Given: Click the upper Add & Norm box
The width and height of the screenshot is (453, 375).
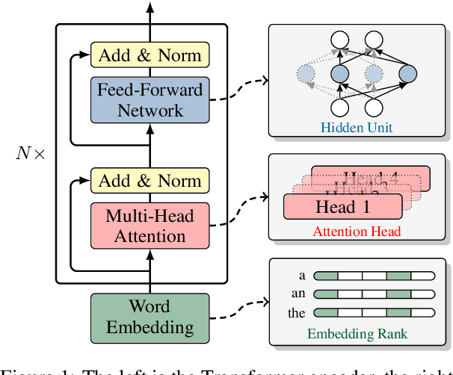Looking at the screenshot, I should (150, 55).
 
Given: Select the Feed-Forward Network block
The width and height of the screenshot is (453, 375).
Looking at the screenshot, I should (150, 99).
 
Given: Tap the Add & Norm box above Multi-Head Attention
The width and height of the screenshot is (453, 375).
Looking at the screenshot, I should (150, 180).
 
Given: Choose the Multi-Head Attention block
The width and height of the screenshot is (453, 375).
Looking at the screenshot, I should (150, 226).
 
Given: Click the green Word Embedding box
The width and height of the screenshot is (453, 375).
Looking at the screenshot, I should (150, 316).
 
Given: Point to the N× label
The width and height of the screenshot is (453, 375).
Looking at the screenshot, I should (31, 155).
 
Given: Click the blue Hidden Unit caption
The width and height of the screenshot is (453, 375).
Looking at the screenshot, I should (357, 128).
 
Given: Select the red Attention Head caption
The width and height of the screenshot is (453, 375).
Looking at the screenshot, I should (357, 232).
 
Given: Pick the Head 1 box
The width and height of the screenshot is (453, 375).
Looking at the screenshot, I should (342, 206).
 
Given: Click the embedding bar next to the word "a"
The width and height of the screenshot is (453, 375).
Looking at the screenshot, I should (373, 276).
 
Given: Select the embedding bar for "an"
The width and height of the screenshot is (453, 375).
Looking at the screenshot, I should (373, 294).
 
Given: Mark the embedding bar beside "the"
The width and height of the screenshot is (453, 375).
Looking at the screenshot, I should (373, 313).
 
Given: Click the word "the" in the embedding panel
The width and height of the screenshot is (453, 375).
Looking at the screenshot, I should (297, 314).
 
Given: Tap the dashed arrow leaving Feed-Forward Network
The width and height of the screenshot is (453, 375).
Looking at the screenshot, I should (239, 88).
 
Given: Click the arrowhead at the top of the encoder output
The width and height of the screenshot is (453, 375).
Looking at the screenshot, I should (150, 7).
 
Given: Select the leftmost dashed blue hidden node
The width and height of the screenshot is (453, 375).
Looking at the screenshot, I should (306, 74).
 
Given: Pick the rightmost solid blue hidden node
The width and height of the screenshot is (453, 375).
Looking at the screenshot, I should (407, 74).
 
